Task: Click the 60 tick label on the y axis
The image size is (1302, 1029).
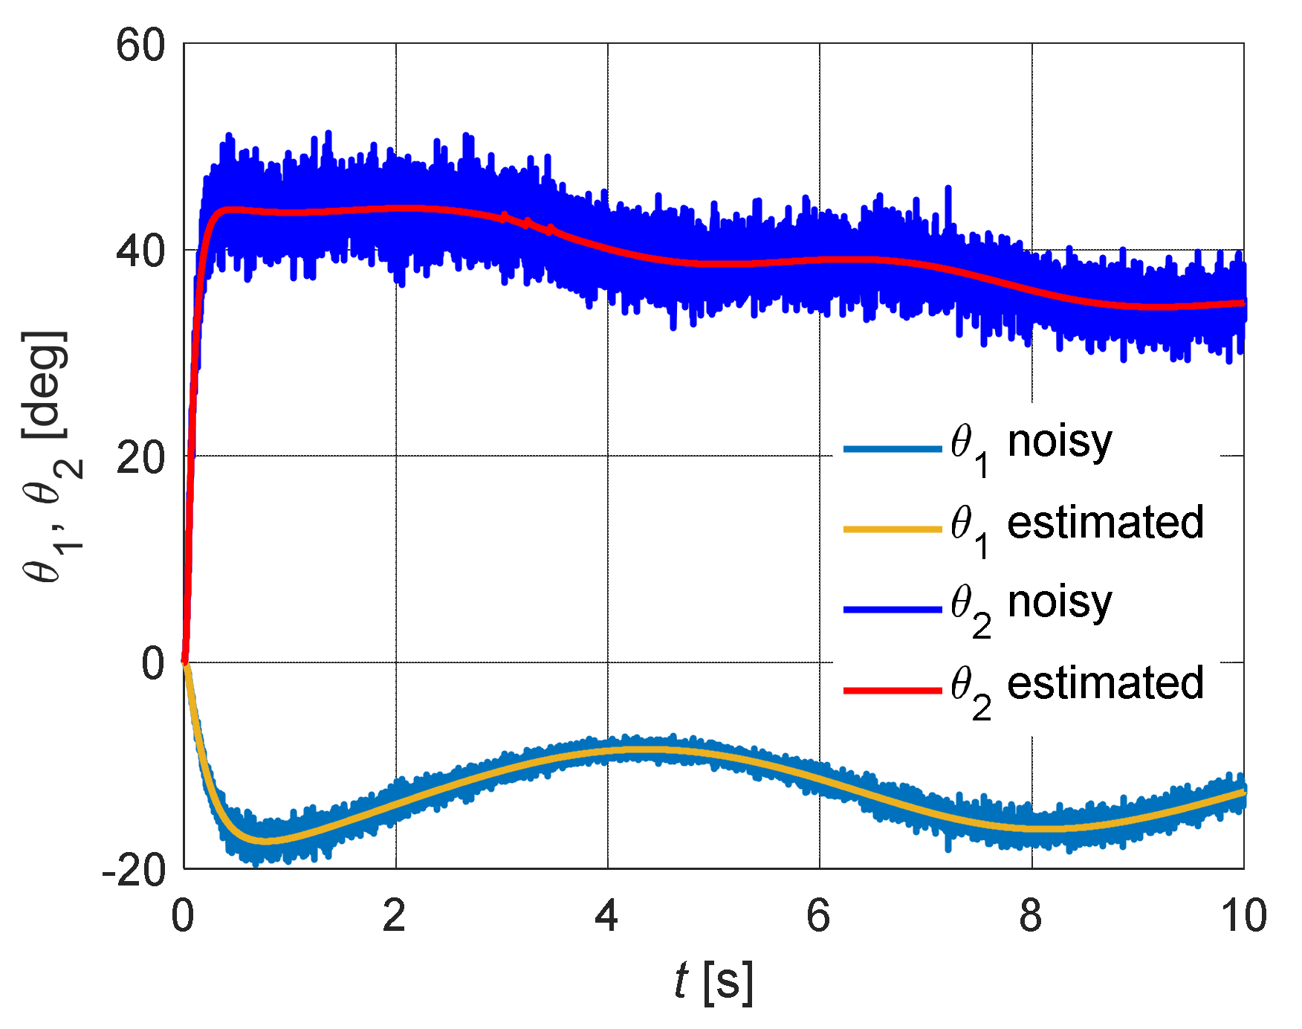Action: click(140, 46)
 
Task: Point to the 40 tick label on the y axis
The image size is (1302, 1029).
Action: click(140, 252)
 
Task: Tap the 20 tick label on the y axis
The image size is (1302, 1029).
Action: click(140, 458)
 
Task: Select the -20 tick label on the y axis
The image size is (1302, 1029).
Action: click(134, 870)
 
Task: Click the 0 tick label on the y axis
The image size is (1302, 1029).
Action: click(152, 664)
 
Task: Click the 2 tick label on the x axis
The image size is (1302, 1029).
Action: click(395, 915)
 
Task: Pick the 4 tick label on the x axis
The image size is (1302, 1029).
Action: click(606, 915)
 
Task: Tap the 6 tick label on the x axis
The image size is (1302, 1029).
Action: click(818, 915)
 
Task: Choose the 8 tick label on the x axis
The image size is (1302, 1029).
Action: click(1031, 915)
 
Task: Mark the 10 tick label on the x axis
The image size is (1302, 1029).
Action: click(1243, 915)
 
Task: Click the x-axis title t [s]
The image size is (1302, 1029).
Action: click(713, 981)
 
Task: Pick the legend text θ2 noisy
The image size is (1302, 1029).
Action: click(1031, 607)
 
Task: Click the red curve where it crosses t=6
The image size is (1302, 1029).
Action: click(820, 260)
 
